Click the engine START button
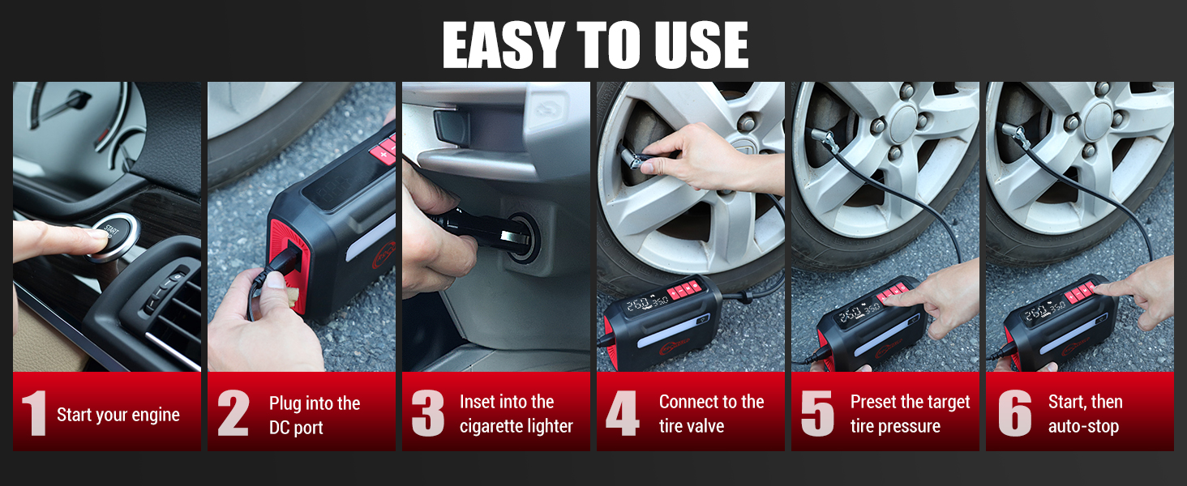coord(112,236)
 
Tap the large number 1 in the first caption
coord(33,414)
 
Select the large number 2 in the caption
coord(233,414)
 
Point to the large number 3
coord(427,414)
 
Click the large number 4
coord(622,414)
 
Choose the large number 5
coord(816,414)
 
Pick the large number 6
coord(1013,414)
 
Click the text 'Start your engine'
coord(118,415)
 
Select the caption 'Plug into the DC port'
coord(315,415)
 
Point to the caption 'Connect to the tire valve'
coord(711,414)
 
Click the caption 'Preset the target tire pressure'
coord(910,414)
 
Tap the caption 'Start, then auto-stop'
coord(1085,414)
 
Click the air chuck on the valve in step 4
coord(635,154)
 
